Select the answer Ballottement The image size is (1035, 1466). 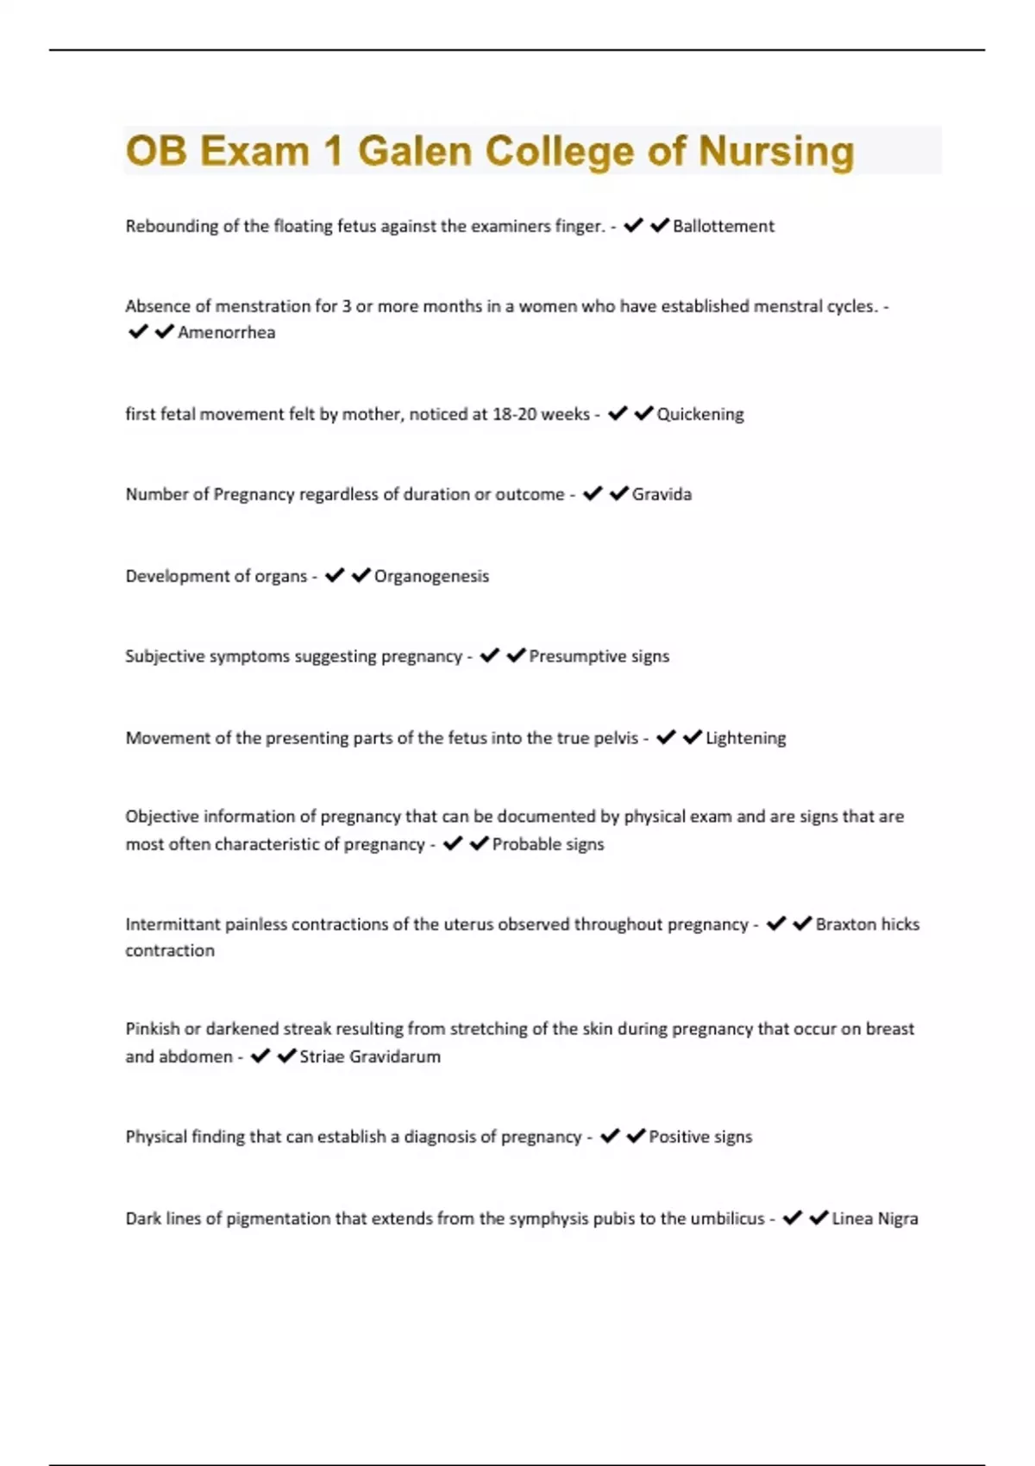click(723, 226)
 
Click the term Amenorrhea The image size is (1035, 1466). click(226, 333)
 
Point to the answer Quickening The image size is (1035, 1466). click(699, 414)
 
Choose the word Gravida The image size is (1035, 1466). click(662, 494)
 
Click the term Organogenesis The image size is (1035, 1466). click(431, 576)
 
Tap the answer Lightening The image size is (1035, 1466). click(745, 738)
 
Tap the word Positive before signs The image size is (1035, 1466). click(679, 1137)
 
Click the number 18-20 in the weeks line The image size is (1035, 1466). click(515, 414)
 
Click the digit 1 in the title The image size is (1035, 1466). click(333, 151)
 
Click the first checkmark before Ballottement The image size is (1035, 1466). click(633, 226)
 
